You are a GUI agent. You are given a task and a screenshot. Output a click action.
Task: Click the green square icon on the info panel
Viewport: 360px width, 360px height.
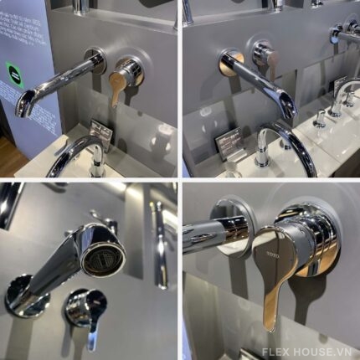[x=12, y=69]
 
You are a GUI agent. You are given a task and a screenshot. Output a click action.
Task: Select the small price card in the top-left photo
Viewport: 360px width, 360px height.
[x=100, y=134]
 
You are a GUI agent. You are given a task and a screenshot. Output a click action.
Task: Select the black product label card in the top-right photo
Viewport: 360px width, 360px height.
[x=227, y=144]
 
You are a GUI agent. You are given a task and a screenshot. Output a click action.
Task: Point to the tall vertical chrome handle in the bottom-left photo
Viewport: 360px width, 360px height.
[x=159, y=243]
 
